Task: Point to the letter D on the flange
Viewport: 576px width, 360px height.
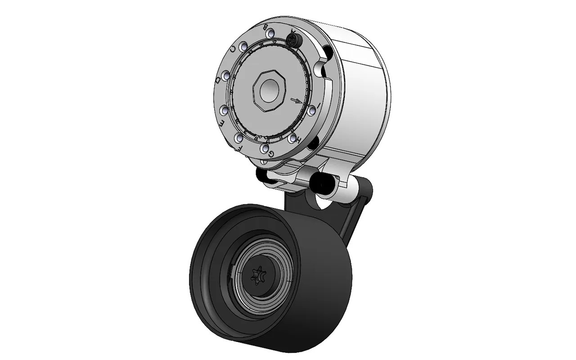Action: click(x=218, y=80)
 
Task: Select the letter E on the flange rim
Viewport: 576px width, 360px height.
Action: click(x=221, y=122)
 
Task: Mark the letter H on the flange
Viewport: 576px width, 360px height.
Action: click(x=297, y=141)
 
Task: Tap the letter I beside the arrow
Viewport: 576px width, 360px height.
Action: click(x=319, y=106)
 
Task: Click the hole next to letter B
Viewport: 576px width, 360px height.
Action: click(x=270, y=34)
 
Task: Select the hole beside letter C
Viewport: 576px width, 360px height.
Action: click(x=243, y=47)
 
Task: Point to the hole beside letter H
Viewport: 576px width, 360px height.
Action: click(x=292, y=137)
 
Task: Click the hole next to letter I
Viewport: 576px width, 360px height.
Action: click(x=312, y=110)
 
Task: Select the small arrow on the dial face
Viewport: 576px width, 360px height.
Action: click(x=296, y=100)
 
